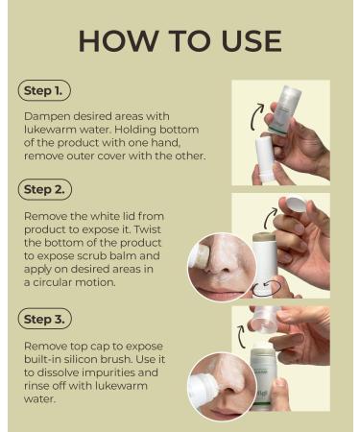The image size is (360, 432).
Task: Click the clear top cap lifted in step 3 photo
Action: coord(264,320)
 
